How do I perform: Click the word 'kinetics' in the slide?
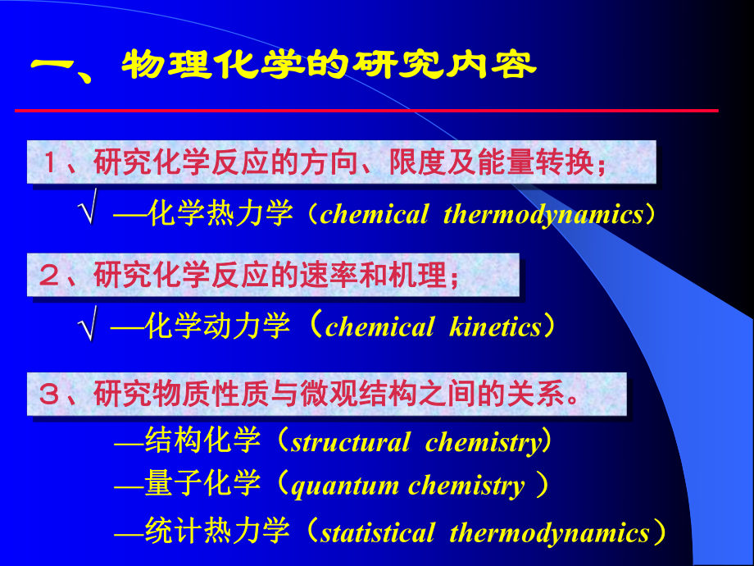pos(496,328)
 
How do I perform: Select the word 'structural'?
pos(351,443)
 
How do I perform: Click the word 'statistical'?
pos(378,533)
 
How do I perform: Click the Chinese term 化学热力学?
pos(221,215)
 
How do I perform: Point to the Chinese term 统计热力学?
pos(218,533)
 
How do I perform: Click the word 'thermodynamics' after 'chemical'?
pos(543,215)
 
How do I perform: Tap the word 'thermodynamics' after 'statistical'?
pos(549,533)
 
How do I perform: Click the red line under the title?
pos(366,110)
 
